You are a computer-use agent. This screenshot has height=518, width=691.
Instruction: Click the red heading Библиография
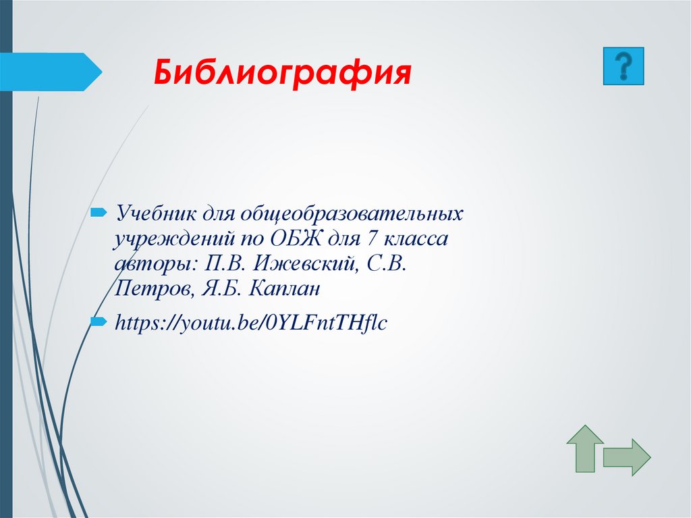[283, 73]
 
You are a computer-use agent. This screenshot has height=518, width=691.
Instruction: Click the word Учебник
[155, 214]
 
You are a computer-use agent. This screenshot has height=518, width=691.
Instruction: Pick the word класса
[414, 239]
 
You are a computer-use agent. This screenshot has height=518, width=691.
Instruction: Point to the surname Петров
[152, 289]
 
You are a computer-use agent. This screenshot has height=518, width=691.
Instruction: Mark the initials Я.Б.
[220, 289]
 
